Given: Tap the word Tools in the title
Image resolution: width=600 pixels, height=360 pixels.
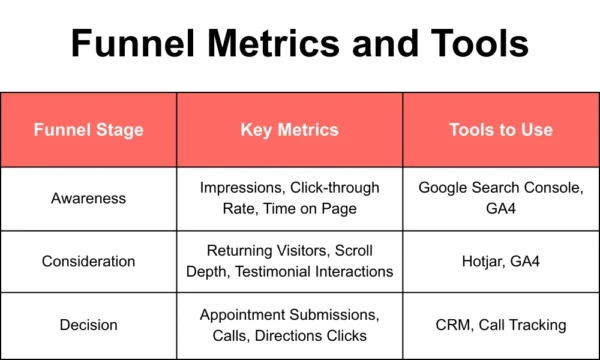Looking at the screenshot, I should click(x=477, y=45).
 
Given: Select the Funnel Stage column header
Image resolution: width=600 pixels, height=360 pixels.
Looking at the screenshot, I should click(x=88, y=130).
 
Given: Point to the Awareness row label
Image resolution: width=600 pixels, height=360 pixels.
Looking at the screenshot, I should click(x=88, y=198).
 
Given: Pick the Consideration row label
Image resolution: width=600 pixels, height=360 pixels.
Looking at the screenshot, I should click(x=88, y=261).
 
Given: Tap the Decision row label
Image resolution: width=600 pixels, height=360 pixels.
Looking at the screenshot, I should click(x=88, y=324).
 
